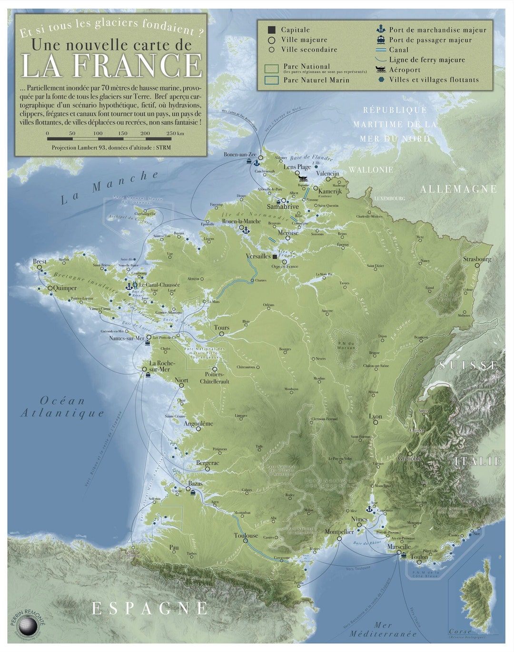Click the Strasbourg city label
click(x=477, y=259)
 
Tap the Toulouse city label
click(x=246, y=535)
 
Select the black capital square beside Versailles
click(x=275, y=256)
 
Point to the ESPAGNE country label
click(x=149, y=608)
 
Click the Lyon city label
click(x=375, y=416)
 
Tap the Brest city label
click(x=40, y=262)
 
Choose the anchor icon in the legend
click(x=381, y=29)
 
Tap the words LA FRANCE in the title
click(x=112, y=66)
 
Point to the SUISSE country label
click(x=469, y=365)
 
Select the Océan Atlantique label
click(x=62, y=407)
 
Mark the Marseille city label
click(x=398, y=547)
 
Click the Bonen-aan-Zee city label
click(x=240, y=155)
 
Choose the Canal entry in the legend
click(x=398, y=49)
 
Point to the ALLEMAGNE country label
click(x=458, y=189)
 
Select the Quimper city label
click(x=65, y=288)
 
